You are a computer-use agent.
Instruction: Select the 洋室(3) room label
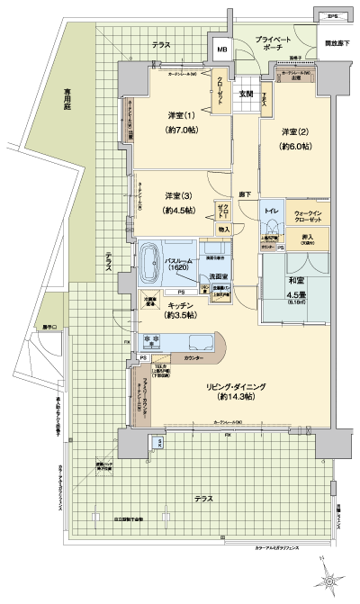click(x=177, y=196)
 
